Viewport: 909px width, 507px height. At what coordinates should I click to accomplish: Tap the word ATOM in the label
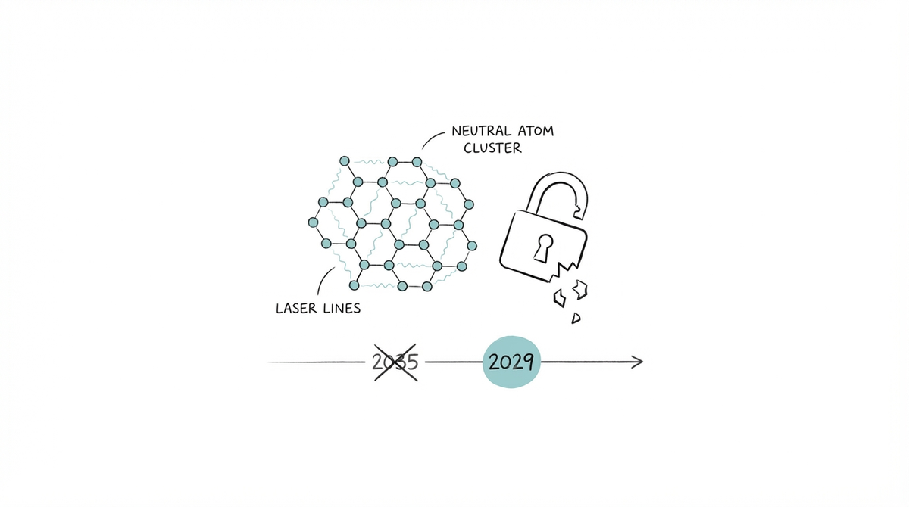pos(538,132)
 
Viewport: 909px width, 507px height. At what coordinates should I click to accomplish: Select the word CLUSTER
pos(492,148)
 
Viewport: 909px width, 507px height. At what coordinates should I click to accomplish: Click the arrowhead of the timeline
pos(638,362)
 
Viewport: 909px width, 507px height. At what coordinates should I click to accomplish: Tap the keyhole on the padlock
pos(543,246)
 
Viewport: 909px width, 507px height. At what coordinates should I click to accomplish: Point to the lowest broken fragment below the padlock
pos(576,317)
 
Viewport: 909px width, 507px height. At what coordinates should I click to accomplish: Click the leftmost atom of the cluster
pos(312,222)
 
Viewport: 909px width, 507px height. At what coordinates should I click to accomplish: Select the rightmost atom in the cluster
pos(474,246)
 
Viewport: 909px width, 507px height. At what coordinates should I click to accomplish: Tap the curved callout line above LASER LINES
pos(323,281)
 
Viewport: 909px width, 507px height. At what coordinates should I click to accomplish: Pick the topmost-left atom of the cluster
pos(345,161)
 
